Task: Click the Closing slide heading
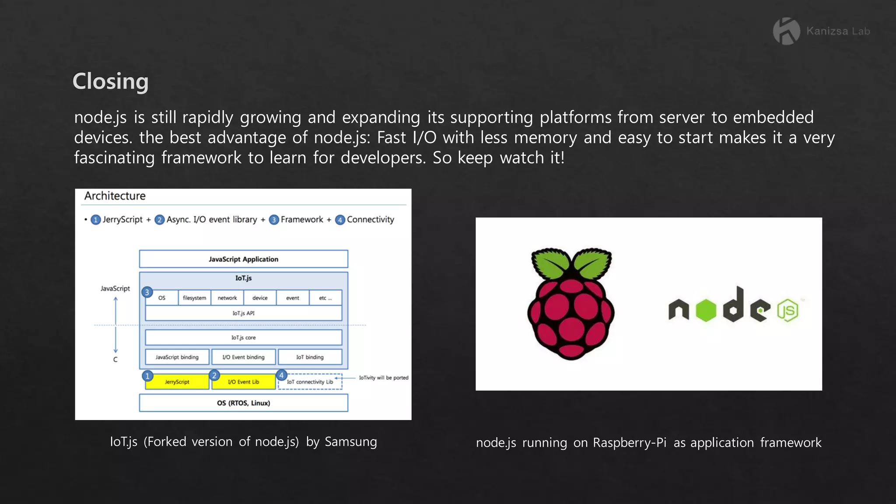coord(110,81)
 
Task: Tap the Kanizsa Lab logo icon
coord(786,31)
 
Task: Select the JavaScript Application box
coord(243,259)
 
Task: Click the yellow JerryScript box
coord(177,382)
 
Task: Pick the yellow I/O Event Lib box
coord(243,382)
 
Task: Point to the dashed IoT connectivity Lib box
coord(310,382)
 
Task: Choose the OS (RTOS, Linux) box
coord(243,403)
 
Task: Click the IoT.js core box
coord(243,337)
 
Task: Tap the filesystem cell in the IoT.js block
coord(194,298)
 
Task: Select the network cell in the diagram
coord(227,298)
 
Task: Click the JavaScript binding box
coord(177,357)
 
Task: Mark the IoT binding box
coord(310,357)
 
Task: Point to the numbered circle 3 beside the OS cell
coord(147,292)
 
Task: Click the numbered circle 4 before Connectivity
coord(340,220)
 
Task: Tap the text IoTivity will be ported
coord(384,378)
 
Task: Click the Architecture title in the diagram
coord(115,196)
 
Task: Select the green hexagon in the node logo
coord(706,311)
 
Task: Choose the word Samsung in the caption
coord(350,442)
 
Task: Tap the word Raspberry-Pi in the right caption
coord(630,443)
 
